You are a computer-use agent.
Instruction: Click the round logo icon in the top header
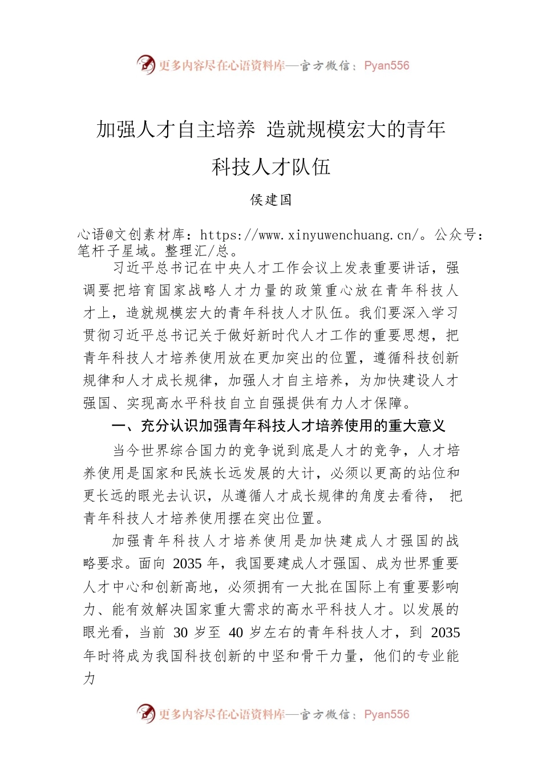coord(146,64)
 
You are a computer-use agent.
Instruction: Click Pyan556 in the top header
coord(386,66)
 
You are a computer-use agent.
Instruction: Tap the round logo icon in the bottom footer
coord(146,714)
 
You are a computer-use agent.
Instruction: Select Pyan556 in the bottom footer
coord(386,714)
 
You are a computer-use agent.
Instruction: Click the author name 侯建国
coord(271,199)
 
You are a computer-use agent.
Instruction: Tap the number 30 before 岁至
coord(180,633)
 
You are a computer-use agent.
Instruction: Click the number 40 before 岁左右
coord(236,633)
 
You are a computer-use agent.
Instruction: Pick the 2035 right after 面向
coord(187,564)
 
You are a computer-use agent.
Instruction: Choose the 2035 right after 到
coord(445,633)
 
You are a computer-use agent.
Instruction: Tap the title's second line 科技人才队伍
coord(271,167)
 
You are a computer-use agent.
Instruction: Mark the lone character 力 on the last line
coord(90,678)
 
